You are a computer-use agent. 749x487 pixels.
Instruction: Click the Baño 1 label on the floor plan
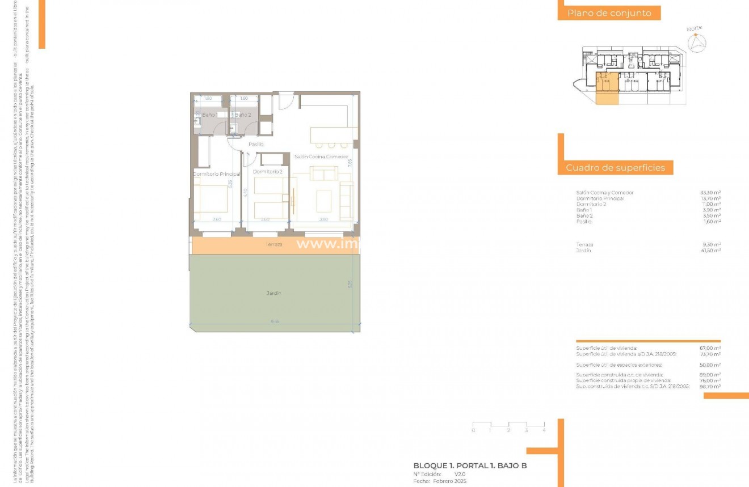coord(209,115)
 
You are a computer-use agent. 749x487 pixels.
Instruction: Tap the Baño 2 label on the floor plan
coord(243,115)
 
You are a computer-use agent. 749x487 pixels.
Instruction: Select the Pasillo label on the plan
coord(256,145)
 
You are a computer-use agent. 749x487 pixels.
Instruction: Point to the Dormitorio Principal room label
coord(217,174)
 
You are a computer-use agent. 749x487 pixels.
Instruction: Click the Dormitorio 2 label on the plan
coord(267,171)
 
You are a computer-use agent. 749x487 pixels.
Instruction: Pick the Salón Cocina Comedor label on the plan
coord(321,156)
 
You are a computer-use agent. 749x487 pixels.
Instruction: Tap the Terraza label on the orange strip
coord(273,244)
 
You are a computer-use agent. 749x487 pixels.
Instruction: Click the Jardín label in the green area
coord(274,293)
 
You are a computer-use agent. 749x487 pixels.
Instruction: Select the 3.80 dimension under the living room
coord(323,219)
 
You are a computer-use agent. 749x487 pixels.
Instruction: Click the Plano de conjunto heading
coord(609,13)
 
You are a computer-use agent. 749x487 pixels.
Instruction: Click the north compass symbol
coord(696,42)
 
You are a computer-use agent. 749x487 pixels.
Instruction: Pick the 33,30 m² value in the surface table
coord(710,193)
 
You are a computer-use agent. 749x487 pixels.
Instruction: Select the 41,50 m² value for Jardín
coord(710,250)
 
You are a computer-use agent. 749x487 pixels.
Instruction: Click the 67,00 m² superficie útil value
coord(710,348)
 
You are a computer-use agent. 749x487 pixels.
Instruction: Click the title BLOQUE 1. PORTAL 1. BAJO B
coord(470,466)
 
